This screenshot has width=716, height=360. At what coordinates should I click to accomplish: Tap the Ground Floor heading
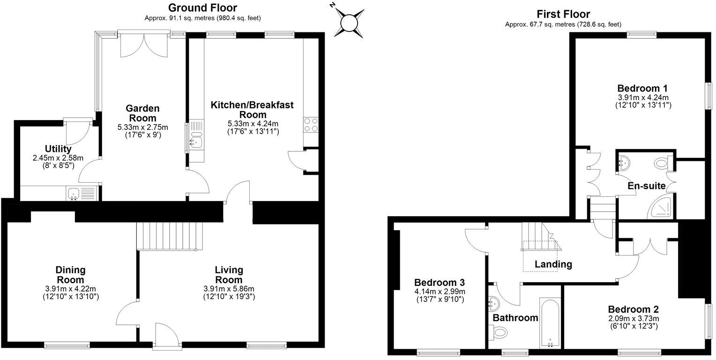tap(202, 7)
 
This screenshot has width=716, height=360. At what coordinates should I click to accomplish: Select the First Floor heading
tap(563, 14)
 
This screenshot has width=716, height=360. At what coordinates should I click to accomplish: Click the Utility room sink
tap(73, 193)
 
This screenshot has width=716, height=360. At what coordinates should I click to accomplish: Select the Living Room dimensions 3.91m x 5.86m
tap(229, 288)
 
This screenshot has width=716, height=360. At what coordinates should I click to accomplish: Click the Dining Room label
tap(70, 275)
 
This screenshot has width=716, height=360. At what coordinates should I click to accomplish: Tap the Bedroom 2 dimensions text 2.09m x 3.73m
tap(633, 318)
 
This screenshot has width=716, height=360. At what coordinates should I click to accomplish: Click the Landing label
tap(553, 264)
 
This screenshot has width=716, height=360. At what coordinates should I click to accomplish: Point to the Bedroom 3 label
tap(439, 283)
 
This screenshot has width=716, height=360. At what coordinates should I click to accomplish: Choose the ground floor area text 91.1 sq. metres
tap(202, 18)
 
